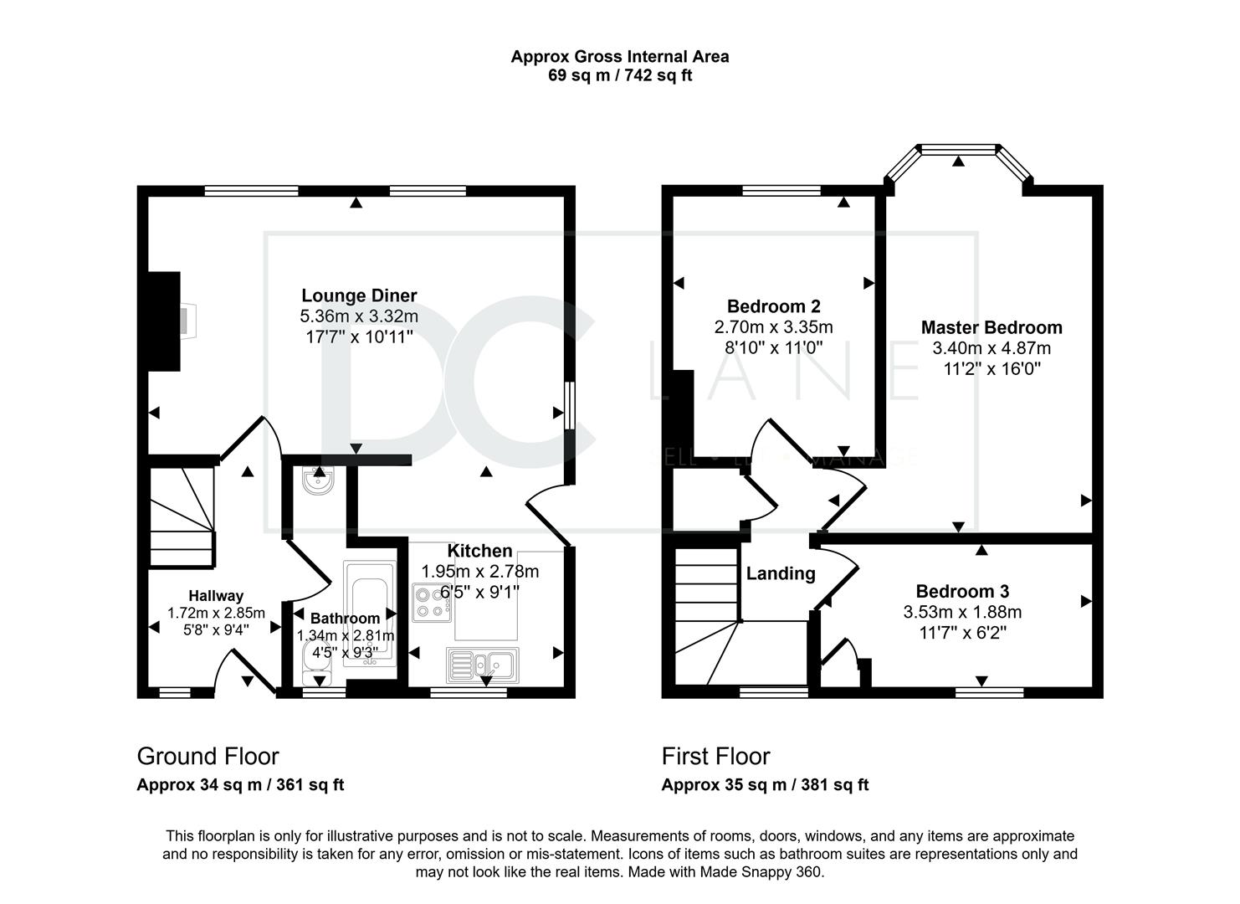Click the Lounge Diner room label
(x=359, y=295)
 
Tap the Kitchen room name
(x=479, y=551)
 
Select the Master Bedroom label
(x=991, y=327)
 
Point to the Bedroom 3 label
(x=963, y=591)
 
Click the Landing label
(x=781, y=573)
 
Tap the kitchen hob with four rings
(x=432, y=603)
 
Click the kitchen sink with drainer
(x=483, y=665)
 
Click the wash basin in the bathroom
(x=318, y=480)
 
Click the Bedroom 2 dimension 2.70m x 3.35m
(x=773, y=326)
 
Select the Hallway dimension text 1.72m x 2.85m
(x=216, y=614)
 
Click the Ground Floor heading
(x=208, y=756)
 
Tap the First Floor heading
(x=715, y=756)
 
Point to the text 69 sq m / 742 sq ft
(x=620, y=74)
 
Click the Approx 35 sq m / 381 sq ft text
(x=765, y=784)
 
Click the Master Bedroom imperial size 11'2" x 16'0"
(x=992, y=368)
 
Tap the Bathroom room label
(x=345, y=619)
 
